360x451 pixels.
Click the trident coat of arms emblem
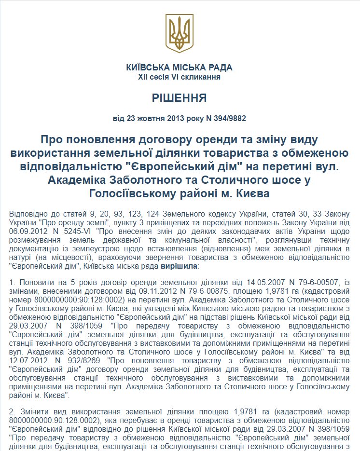click(180, 32)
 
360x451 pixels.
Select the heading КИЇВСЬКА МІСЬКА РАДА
click(180, 68)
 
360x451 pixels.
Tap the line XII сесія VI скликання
click(180, 77)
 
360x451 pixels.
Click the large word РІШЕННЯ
click(180, 98)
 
